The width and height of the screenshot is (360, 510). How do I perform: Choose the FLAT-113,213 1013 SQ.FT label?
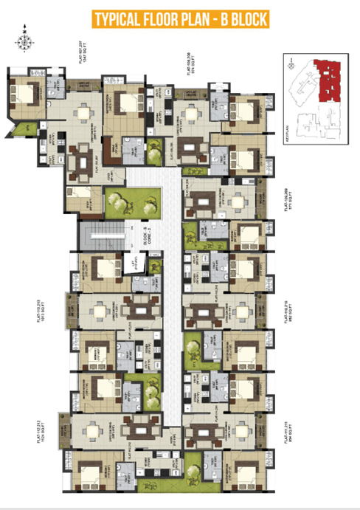(x=59, y=309)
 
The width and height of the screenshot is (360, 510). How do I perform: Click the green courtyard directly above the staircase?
(x=133, y=201)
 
